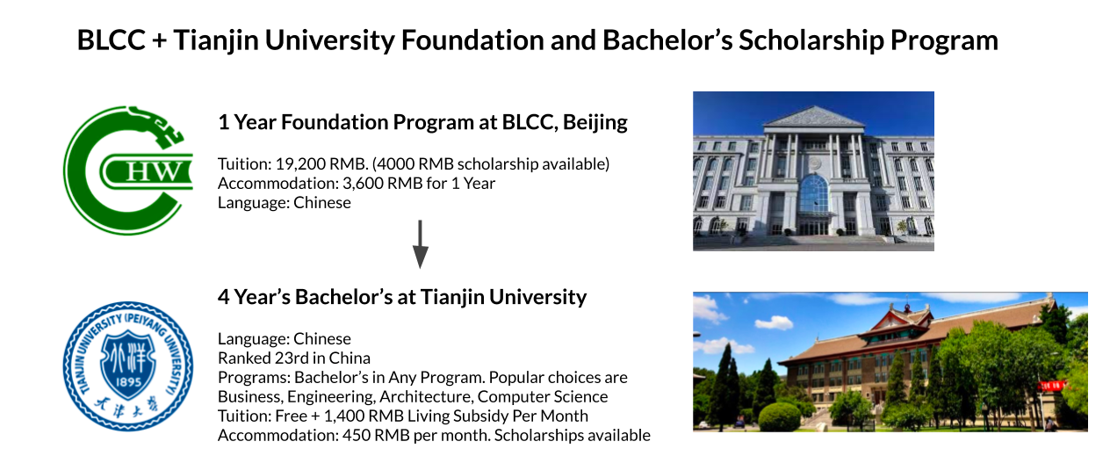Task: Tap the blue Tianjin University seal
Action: [128, 366]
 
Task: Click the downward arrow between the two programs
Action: [421, 244]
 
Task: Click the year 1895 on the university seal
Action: [128, 382]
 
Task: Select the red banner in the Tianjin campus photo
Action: [1051, 385]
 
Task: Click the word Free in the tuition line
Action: [291, 416]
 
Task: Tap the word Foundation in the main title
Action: [472, 40]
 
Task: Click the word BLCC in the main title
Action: [111, 40]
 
